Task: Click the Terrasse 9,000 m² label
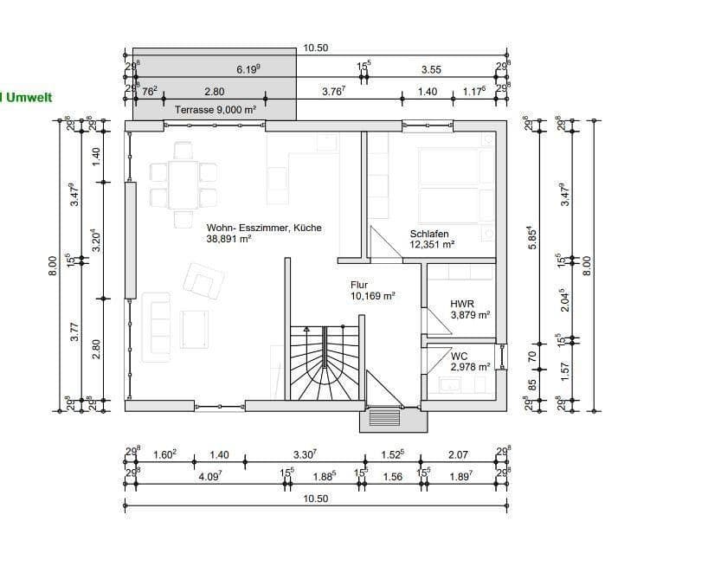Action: [x=215, y=110]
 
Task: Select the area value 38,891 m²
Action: [x=228, y=240]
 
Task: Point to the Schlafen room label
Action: [x=428, y=234]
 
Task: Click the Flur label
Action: [x=359, y=284]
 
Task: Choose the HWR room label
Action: [x=461, y=305]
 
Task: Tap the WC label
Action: [x=459, y=356]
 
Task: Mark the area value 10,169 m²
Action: [x=372, y=295]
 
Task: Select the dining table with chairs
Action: [x=183, y=184]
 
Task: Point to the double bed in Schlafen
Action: [x=450, y=186]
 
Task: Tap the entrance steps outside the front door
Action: [x=386, y=419]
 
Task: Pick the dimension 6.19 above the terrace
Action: [x=249, y=69]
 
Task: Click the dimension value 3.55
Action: [x=431, y=69]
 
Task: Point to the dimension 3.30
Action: [x=305, y=454]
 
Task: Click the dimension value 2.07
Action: [x=458, y=454]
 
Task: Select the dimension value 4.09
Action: [x=211, y=476]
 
